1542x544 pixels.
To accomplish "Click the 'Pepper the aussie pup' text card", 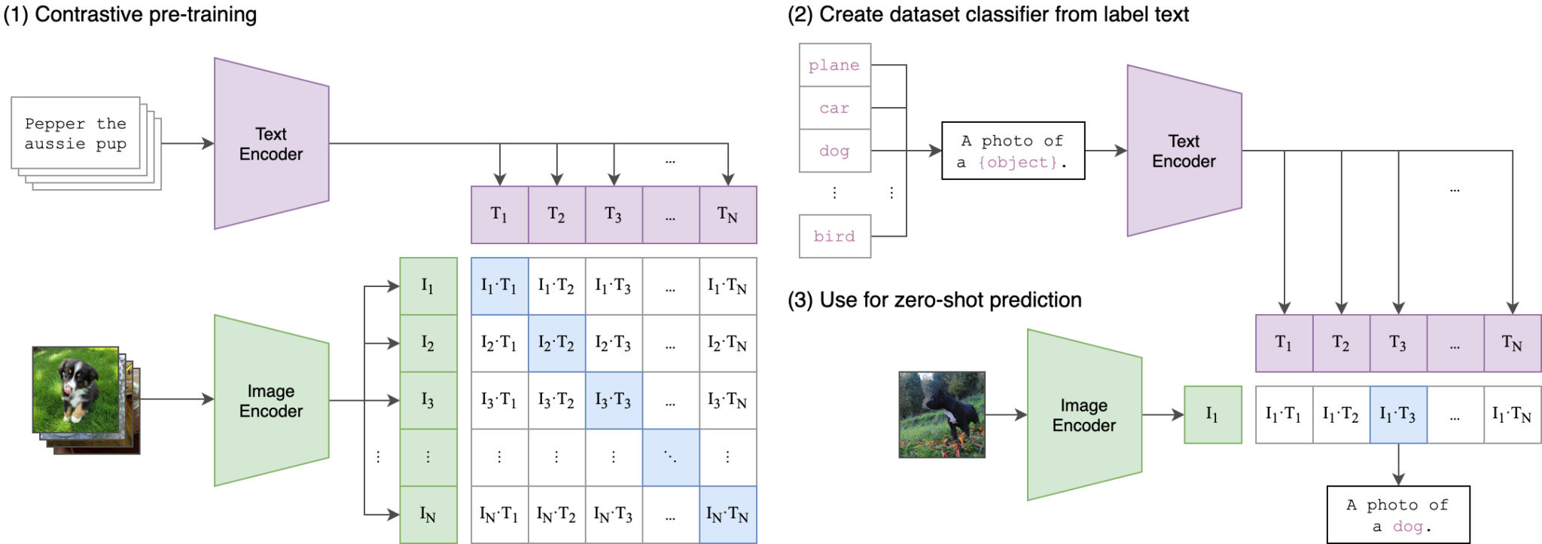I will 75,133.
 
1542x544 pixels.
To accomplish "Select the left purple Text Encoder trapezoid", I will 271,144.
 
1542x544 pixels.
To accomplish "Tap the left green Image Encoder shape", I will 271,401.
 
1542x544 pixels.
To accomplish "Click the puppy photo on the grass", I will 75,390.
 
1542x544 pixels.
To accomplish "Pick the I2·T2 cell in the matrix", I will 556,344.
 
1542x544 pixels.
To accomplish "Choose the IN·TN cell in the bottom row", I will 727,515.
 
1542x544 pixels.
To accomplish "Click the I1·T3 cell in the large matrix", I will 613,286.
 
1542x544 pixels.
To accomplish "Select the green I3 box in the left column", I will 428,400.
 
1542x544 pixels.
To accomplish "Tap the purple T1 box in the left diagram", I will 499,215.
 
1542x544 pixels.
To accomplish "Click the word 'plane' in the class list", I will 834,66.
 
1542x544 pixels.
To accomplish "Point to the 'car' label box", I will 834,108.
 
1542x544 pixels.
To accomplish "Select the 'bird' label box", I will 834,237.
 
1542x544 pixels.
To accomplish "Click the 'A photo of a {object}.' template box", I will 1013,151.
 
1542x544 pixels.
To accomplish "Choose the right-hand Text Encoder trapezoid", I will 1184,151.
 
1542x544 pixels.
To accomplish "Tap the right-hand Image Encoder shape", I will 1084,415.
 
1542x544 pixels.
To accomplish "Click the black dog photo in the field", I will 942,414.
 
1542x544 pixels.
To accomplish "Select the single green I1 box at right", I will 1212,414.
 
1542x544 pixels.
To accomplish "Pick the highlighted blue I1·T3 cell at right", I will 1398,414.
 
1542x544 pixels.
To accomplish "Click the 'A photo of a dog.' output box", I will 1398,515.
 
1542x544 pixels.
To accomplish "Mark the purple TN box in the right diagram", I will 1512,344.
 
